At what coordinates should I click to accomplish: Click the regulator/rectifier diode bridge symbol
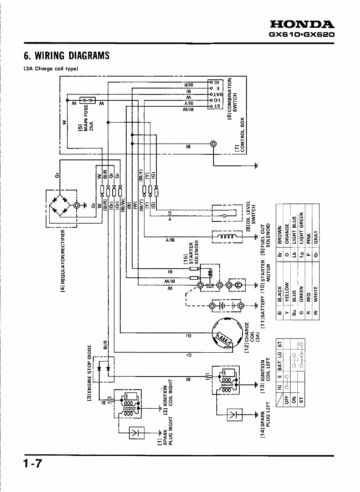[61, 205]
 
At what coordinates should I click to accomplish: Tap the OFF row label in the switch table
[287, 400]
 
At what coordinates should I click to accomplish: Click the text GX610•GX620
[302, 35]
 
